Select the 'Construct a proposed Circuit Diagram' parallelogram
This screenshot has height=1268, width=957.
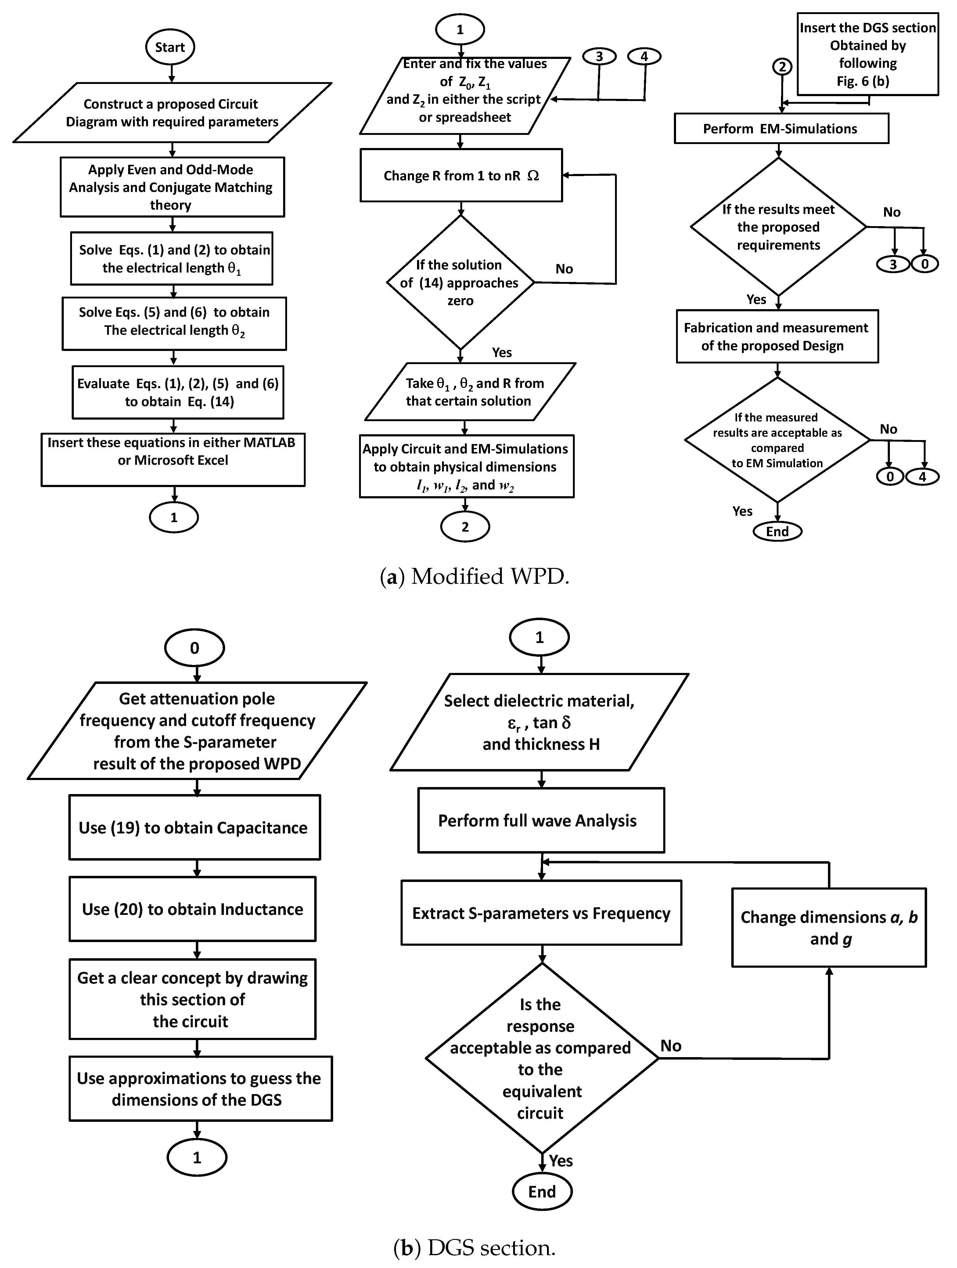[172, 113]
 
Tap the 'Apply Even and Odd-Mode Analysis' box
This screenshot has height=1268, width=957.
[172, 187]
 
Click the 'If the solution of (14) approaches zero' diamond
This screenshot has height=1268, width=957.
[460, 283]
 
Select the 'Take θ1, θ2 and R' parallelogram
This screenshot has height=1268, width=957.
[470, 392]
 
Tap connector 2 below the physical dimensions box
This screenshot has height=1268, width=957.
[465, 527]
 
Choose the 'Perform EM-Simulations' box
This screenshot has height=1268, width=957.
[780, 128]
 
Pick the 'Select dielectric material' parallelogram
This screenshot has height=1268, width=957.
[539, 722]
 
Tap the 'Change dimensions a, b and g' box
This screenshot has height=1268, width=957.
[829, 927]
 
